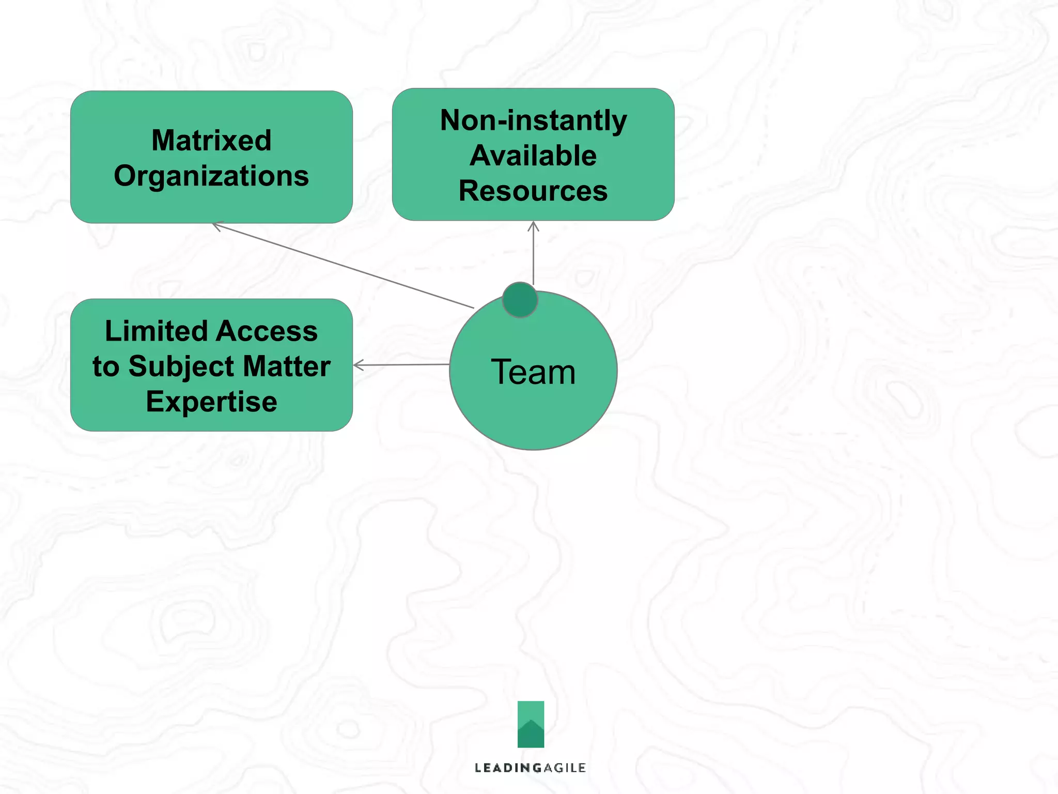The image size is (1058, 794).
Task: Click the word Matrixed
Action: pos(211,141)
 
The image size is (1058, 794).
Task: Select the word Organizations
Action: pos(211,176)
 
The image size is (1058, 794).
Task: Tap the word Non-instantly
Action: pos(533,120)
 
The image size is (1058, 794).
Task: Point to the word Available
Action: pos(533,156)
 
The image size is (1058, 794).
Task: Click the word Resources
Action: pos(533,191)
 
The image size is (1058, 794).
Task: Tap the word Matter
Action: pos(287,367)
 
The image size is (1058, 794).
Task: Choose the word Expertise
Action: pos(211,402)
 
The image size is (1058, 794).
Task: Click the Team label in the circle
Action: pos(533,372)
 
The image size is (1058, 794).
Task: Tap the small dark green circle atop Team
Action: pos(520,300)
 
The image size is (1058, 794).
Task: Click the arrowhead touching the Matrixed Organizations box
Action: pos(216,225)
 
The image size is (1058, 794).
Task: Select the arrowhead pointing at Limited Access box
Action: pos(357,365)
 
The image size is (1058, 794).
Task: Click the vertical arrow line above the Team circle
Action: pos(534,256)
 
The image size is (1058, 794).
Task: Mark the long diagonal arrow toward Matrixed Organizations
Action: pos(344,266)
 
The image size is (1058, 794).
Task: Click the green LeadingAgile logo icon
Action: pos(531,724)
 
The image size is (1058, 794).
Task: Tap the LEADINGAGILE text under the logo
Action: pos(531,768)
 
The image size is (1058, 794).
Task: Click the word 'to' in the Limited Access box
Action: pos(105,367)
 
